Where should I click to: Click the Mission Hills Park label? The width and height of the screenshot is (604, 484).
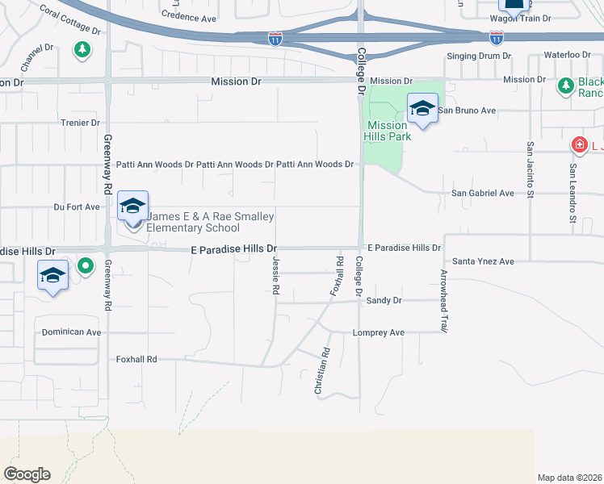click(x=388, y=131)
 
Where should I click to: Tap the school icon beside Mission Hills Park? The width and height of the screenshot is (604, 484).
click(x=422, y=108)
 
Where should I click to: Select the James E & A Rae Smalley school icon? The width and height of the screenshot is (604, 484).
click(x=132, y=206)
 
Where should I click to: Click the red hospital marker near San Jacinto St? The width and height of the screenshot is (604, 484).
click(x=579, y=145)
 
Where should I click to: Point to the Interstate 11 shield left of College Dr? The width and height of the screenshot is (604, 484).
click(x=275, y=39)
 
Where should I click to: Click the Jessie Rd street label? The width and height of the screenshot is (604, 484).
click(x=276, y=274)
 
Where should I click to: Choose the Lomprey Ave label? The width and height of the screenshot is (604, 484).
click(x=379, y=332)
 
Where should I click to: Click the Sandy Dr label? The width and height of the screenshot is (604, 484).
click(x=384, y=300)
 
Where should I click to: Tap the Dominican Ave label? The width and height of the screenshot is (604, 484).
click(x=72, y=332)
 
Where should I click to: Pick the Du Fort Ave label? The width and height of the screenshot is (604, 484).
click(x=77, y=207)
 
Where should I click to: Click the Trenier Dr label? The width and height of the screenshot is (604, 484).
click(x=79, y=123)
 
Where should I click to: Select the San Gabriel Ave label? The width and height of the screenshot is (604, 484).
click(x=482, y=194)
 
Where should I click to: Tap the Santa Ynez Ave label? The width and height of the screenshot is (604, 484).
click(x=483, y=261)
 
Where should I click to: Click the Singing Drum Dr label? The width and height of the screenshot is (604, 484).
click(x=480, y=56)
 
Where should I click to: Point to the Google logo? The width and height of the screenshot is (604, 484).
click(x=27, y=474)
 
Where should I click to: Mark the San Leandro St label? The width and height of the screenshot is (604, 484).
click(x=573, y=194)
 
